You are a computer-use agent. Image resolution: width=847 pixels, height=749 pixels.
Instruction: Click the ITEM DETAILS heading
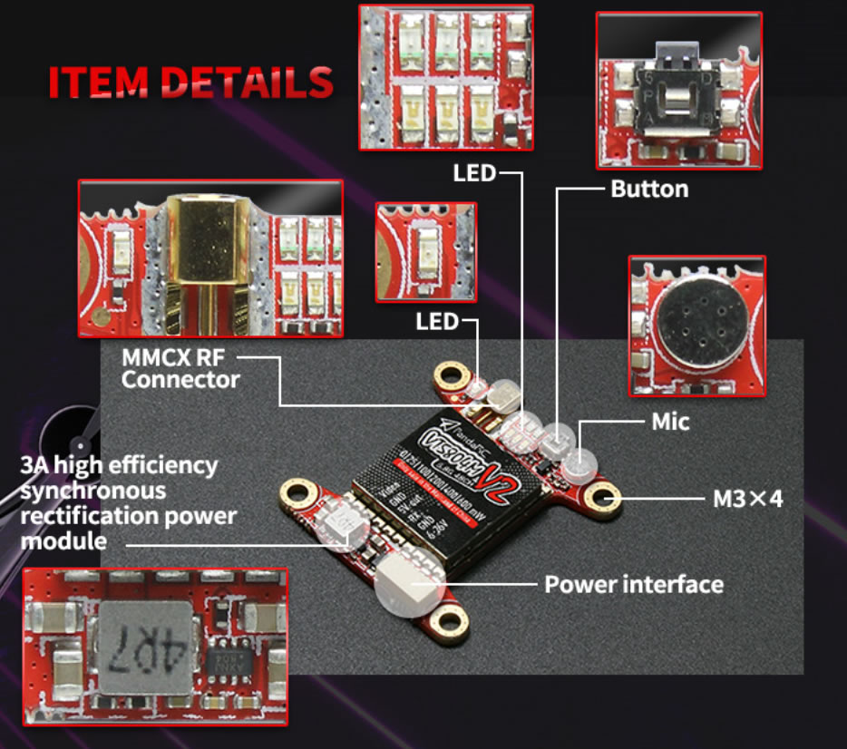[x=190, y=81]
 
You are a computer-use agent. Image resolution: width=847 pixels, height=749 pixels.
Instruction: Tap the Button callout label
[x=649, y=189]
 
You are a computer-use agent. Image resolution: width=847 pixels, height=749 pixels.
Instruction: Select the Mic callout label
[x=670, y=422]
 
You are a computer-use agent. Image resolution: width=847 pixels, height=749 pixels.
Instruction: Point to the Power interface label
[x=633, y=584]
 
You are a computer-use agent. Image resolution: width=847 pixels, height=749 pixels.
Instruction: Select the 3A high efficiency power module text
[x=128, y=503]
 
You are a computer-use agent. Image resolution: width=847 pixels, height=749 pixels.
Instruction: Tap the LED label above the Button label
[x=474, y=171]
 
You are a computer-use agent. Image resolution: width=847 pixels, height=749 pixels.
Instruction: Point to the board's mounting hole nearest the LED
[x=451, y=374]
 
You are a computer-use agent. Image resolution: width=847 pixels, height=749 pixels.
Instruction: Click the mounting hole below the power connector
[x=447, y=622]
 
